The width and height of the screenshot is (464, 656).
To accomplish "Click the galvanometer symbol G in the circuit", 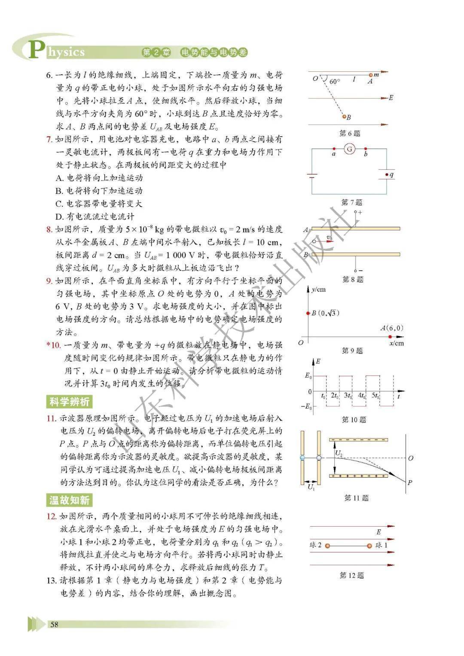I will (x=350, y=149).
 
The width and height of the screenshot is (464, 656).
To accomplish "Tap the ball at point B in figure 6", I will (x=344, y=116).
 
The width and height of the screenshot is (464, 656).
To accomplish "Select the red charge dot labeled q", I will (x=386, y=175).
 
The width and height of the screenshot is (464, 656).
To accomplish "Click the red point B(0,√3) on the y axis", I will (x=308, y=313).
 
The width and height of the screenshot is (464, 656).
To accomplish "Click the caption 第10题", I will (x=354, y=420).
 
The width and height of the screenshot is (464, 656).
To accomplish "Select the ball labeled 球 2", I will (x=327, y=546).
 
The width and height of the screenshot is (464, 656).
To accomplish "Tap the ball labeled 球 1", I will (x=369, y=546).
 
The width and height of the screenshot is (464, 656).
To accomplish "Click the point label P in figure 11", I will (x=409, y=482).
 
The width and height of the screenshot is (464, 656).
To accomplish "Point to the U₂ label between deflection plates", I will (x=339, y=453).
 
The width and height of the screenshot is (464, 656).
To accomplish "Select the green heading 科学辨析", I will (x=69, y=402).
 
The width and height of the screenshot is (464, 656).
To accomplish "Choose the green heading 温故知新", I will (x=69, y=500).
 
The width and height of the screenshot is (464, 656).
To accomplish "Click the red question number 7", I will (x=49, y=140).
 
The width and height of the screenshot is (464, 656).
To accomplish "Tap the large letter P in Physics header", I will (x=36, y=49).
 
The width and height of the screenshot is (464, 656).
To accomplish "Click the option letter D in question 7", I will (x=59, y=217).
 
